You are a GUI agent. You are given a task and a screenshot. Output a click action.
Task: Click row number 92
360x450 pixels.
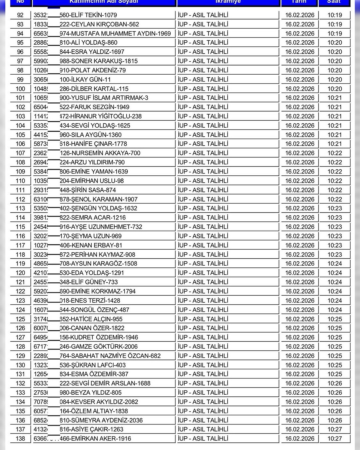coord(20,15)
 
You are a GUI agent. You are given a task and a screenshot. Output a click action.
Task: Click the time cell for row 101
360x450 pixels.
coord(335,98)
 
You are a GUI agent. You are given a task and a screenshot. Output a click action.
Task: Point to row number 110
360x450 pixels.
coord(20,181)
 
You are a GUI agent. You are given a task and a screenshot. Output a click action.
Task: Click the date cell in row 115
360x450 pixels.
coord(300,227)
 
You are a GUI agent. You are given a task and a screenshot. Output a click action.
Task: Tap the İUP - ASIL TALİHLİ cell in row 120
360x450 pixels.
coord(203,273)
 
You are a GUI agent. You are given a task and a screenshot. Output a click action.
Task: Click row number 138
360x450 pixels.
coord(20,439)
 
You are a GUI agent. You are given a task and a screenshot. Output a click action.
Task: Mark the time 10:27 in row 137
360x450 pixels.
coord(335,429)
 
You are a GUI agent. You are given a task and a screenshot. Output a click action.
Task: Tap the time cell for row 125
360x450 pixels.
coord(335,319)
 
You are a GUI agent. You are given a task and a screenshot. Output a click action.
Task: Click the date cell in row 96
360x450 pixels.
coord(300,52)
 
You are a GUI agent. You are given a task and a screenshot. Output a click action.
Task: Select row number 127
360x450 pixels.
coord(20,337)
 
